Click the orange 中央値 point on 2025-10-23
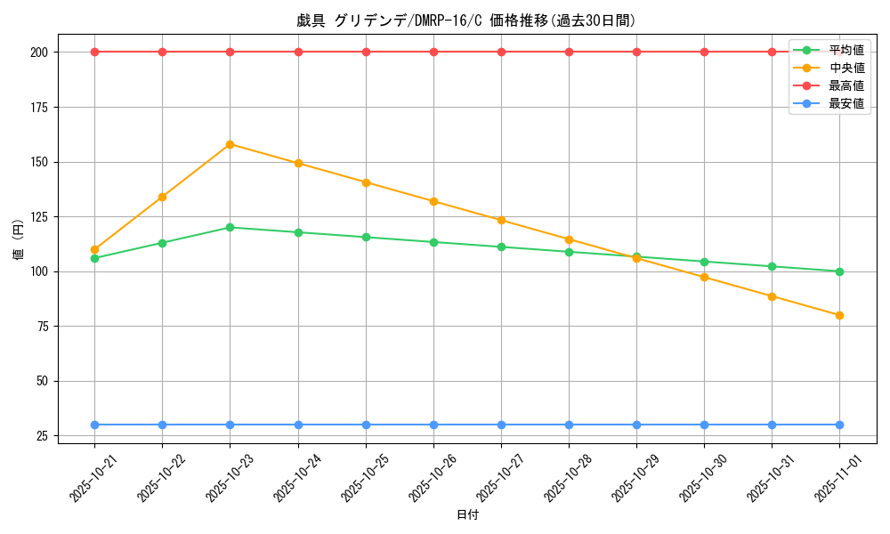tap(230, 144)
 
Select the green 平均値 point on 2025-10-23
tap(230, 227)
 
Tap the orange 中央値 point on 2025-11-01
tap(839, 315)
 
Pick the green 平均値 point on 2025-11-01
tap(839, 271)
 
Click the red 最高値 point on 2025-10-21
tap(94, 52)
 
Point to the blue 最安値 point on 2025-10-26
tap(433, 425)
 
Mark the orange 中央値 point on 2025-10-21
tap(94, 249)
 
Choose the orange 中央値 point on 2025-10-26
tap(433, 201)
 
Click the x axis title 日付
tap(467, 515)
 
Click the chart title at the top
tap(466, 20)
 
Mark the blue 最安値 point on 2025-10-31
tap(772, 425)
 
